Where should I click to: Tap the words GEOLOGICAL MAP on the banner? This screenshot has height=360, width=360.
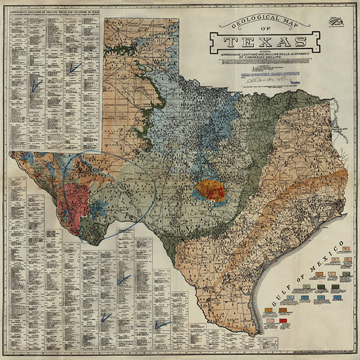point(264,23)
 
